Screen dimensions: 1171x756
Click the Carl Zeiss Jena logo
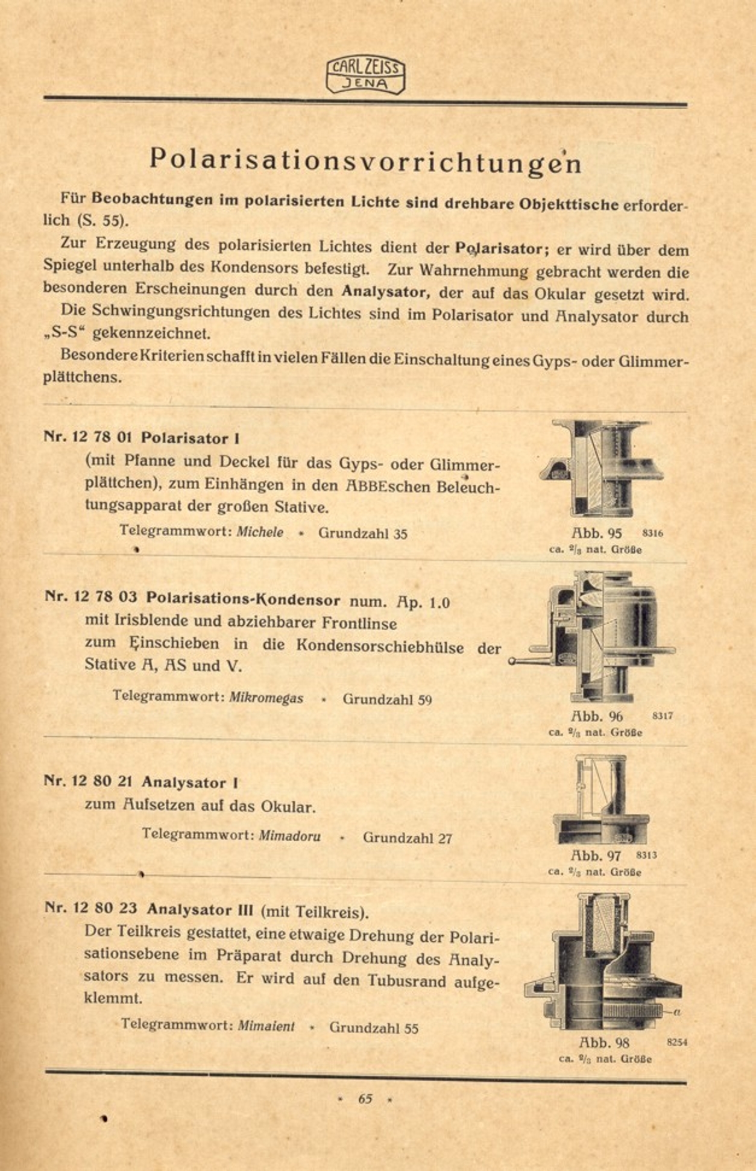(x=365, y=76)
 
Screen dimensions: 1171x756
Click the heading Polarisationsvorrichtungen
(x=365, y=160)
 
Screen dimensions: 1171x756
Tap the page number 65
(x=365, y=1098)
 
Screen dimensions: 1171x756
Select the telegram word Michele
(x=260, y=532)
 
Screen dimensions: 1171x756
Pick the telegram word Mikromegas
(x=266, y=698)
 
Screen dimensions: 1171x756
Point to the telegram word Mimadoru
(x=290, y=836)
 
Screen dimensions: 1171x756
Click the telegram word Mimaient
(x=266, y=1026)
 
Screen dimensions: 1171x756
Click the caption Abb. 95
(x=596, y=533)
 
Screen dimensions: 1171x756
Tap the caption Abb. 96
(x=597, y=716)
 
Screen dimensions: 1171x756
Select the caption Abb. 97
(x=596, y=856)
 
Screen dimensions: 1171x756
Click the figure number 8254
(x=677, y=1042)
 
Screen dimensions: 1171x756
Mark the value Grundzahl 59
(x=387, y=699)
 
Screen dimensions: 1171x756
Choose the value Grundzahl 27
(x=408, y=838)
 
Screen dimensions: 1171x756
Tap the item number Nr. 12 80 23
(x=91, y=908)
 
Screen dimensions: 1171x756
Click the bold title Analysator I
(x=190, y=783)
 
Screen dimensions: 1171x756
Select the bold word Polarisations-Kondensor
(x=244, y=599)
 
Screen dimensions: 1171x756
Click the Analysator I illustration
(x=600, y=800)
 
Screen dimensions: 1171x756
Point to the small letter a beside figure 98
(x=676, y=1013)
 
